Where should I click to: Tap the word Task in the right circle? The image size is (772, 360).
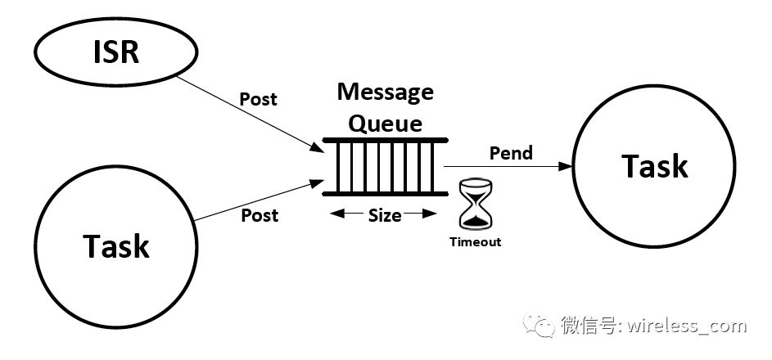[654, 166]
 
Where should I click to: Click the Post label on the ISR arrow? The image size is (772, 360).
[258, 99]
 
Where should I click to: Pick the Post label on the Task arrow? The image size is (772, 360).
[259, 215]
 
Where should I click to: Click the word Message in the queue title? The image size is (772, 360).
[385, 92]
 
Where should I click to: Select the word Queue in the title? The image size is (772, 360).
[386, 124]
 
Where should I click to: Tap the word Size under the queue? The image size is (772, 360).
[384, 215]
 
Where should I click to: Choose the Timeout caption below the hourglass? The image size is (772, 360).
[474, 242]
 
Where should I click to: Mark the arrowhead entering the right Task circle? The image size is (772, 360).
[564, 166]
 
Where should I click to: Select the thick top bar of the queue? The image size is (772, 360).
[385, 141]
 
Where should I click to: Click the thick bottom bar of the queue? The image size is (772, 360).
[385, 194]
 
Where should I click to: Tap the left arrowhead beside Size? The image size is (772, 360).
[335, 215]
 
